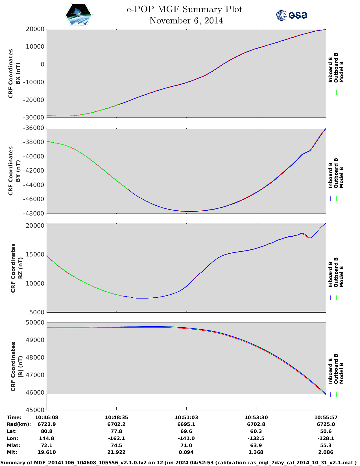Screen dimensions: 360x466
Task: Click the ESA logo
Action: tap(291, 15)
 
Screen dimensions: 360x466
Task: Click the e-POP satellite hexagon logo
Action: tap(79, 15)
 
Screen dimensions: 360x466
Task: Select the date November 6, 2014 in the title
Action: tap(186, 21)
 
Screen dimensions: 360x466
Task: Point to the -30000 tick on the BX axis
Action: tap(34, 117)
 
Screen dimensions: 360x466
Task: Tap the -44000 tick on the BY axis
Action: tap(34, 185)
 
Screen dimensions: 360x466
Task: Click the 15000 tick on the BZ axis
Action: tap(35, 254)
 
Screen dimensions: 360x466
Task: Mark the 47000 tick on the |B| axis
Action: tap(35, 375)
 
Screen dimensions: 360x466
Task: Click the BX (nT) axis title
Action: tap(18, 73)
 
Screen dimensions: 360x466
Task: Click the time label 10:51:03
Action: tap(186, 417)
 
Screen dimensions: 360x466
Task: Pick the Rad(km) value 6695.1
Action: tap(186, 424)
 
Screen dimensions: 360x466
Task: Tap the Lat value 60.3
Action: tap(256, 431)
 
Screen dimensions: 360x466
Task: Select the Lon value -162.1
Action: tap(116, 438)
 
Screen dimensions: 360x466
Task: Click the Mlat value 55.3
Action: tap(326, 445)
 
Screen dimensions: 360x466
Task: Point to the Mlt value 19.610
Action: tap(47, 452)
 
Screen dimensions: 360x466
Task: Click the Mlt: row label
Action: tap(12, 452)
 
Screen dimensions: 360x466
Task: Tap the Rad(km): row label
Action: tap(19, 424)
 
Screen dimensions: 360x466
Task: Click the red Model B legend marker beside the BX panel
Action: tap(342, 92)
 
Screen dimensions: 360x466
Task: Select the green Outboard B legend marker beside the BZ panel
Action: tap(336, 298)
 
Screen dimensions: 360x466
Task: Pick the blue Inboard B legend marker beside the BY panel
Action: tap(331, 199)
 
